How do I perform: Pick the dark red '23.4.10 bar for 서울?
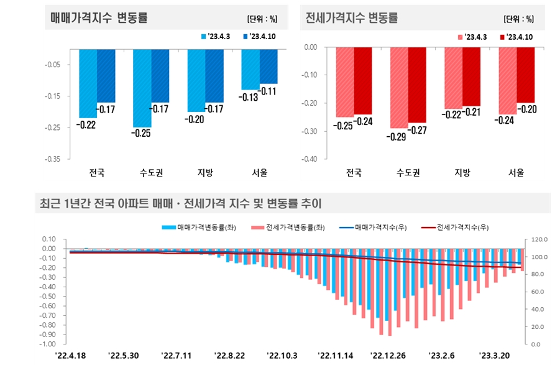coord(525,75)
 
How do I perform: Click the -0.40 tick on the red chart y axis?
coord(311,159)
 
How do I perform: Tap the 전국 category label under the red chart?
coord(354,173)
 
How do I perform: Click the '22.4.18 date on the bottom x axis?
coord(70,355)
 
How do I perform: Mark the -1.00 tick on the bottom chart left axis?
coord(48,344)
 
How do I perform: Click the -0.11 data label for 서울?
coord(269,91)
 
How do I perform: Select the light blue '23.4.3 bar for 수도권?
coord(142,88)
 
